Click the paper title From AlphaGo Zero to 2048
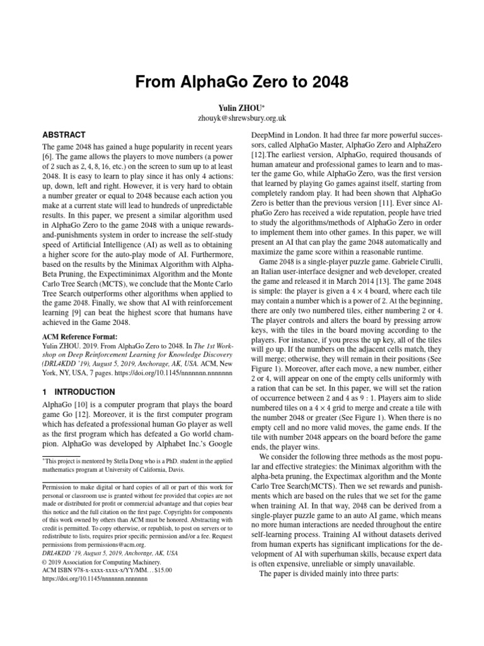coord(242,82)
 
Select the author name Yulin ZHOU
coord(241,107)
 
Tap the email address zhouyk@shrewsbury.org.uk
coord(242,117)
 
